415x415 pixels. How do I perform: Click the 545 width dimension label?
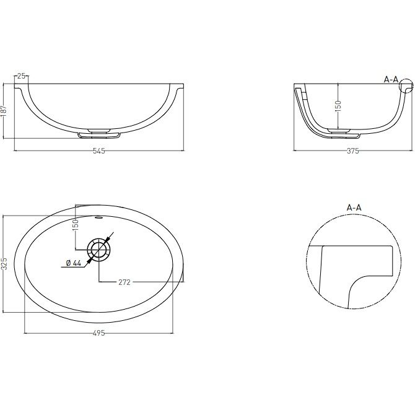tap(99, 151)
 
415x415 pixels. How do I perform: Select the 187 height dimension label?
tap(4, 111)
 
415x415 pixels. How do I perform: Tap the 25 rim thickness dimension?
tap(22, 76)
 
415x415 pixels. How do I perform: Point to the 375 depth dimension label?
tap(353, 151)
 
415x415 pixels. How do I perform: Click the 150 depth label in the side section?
tap(338, 106)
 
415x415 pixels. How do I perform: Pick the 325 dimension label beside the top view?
tap(4, 264)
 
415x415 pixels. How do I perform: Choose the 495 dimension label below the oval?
tap(99, 333)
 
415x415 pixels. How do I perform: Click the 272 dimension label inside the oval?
tap(124, 282)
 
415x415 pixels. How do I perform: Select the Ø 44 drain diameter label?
tap(74, 263)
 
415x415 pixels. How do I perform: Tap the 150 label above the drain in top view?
tap(76, 224)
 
